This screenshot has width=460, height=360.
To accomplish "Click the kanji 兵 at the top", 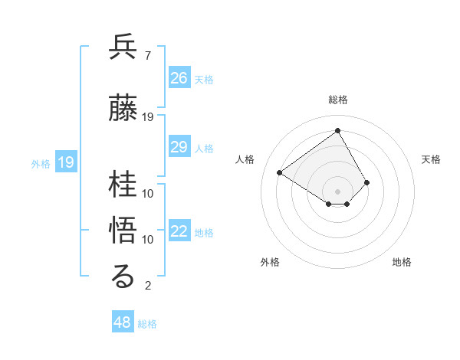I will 123,47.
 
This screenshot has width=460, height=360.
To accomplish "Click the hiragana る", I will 123,277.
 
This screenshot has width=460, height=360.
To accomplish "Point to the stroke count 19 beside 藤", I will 149,116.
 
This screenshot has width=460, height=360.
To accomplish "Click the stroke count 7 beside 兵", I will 147,56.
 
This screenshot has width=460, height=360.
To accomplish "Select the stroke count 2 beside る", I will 147,286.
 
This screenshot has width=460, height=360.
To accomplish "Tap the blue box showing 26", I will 179,77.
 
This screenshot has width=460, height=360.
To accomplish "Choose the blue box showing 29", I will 179,147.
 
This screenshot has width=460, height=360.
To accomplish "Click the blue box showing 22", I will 179,231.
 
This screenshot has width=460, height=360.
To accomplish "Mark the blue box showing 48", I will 123,322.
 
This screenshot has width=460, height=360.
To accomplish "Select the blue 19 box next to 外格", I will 66,162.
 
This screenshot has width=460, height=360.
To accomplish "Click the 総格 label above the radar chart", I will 338,100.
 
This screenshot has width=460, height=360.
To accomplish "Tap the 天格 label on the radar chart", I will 431,159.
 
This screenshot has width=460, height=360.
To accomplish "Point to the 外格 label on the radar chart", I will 270,262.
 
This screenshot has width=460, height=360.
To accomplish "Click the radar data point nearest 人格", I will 280,172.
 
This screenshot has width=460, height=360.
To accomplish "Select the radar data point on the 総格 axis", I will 337,130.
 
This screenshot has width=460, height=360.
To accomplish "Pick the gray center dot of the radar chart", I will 337,191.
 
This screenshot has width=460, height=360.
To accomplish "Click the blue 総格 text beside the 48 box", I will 147,324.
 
